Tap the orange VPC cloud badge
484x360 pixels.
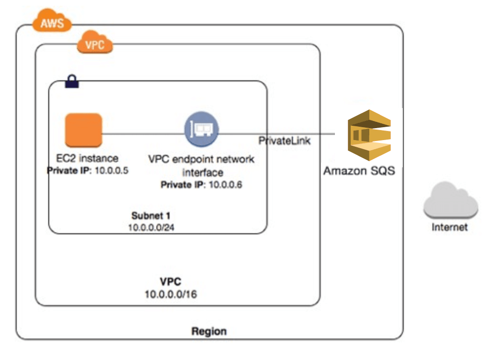pyautogui.click(x=95, y=44)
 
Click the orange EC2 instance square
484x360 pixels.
pyautogui.click(x=84, y=130)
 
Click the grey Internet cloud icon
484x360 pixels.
pyautogui.click(x=450, y=202)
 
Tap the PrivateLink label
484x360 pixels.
pyautogui.click(x=284, y=141)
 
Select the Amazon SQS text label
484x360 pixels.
pyautogui.click(x=359, y=171)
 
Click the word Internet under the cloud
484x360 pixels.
pyautogui.click(x=449, y=227)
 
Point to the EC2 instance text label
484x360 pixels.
pyautogui.click(x=87, y=158)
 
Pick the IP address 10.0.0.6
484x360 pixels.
pyautogui.click(x=223, y=185)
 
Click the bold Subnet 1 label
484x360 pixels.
pyautogui.click(x=151, y=216)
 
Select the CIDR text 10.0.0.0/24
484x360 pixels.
pyautogui.click(x=151, y=228)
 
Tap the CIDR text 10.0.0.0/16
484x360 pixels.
pyautogui.click(x=171, y=294)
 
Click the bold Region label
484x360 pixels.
pyautogui.click(x=209, y=331)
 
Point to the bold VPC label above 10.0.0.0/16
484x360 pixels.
pyautogui.click(x=171, y=281)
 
